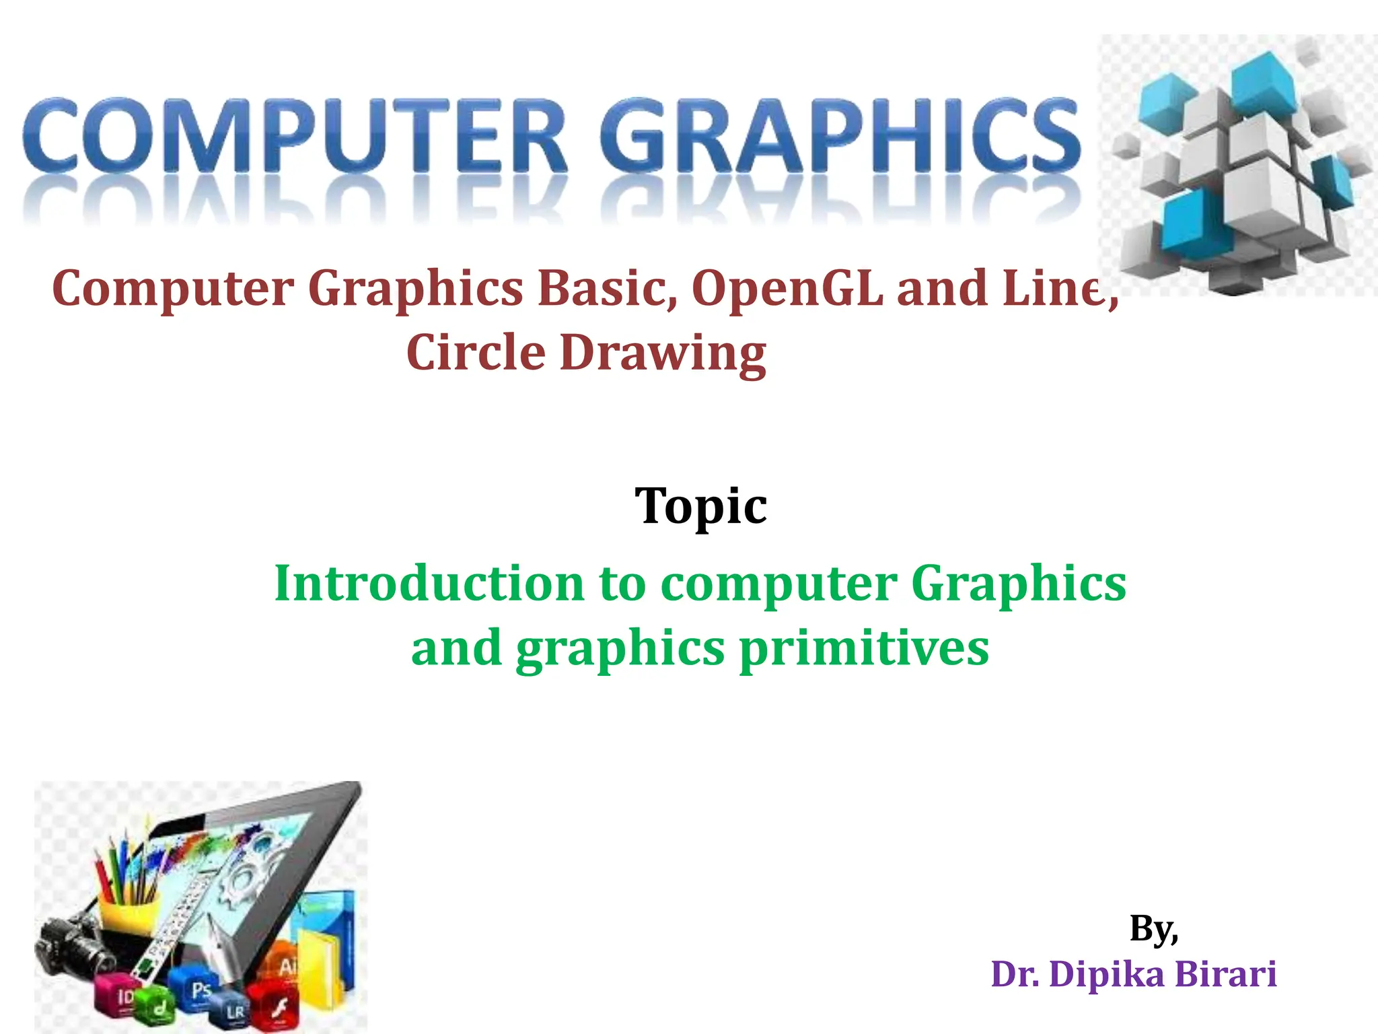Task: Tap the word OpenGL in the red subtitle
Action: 787,288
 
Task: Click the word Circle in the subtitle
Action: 476,353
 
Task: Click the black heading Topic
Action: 700,506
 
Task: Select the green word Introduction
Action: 429,583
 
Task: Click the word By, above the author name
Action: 1153,929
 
